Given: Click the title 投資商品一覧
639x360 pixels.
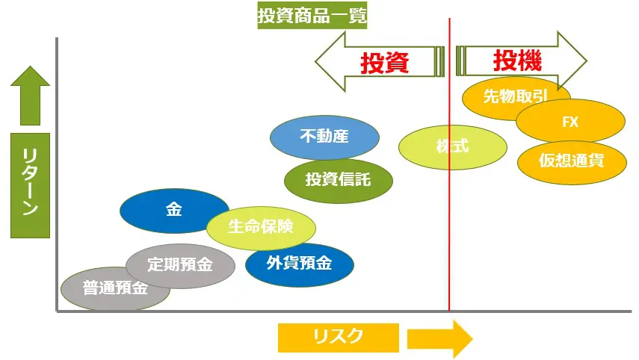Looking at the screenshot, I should pyautogui.click(x=312, y=16).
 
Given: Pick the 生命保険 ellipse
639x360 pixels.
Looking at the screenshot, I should pyautogui.click(x=261, y=226).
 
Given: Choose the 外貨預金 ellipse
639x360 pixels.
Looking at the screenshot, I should pyautogui.click(x=299, y=264).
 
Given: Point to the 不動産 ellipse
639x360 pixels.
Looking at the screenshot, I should pyautogui.click(x=324, y=137).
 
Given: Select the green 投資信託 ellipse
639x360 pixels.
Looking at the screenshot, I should pyautogui.click(x=338, y=179).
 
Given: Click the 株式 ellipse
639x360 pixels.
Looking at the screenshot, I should pyautogui.click(x=452, y=146).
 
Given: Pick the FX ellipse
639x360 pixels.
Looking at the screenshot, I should pyautogui.click(x=570, y=121).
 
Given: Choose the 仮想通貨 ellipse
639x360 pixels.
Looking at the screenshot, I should pyautogui.click(x=572, y=160).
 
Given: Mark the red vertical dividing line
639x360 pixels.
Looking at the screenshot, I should pyautogui.click(x=449, y=224).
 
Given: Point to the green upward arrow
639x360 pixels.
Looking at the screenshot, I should pyautogui.click(x=29, y=95).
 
